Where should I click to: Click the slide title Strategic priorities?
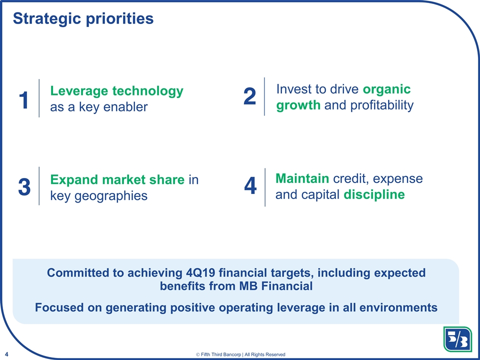click(x=83, y=18)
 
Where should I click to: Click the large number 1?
click(x=23, y=101)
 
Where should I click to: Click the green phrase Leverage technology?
click(x=116, y=91)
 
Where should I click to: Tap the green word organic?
click(x=386, y=89)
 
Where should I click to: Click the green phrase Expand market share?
click(x=117, y=179)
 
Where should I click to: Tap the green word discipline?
click(x=374, y=194)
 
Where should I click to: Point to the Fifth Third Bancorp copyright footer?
click(x=241, y=354)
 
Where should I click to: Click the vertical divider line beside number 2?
click(x=264, y=96)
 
